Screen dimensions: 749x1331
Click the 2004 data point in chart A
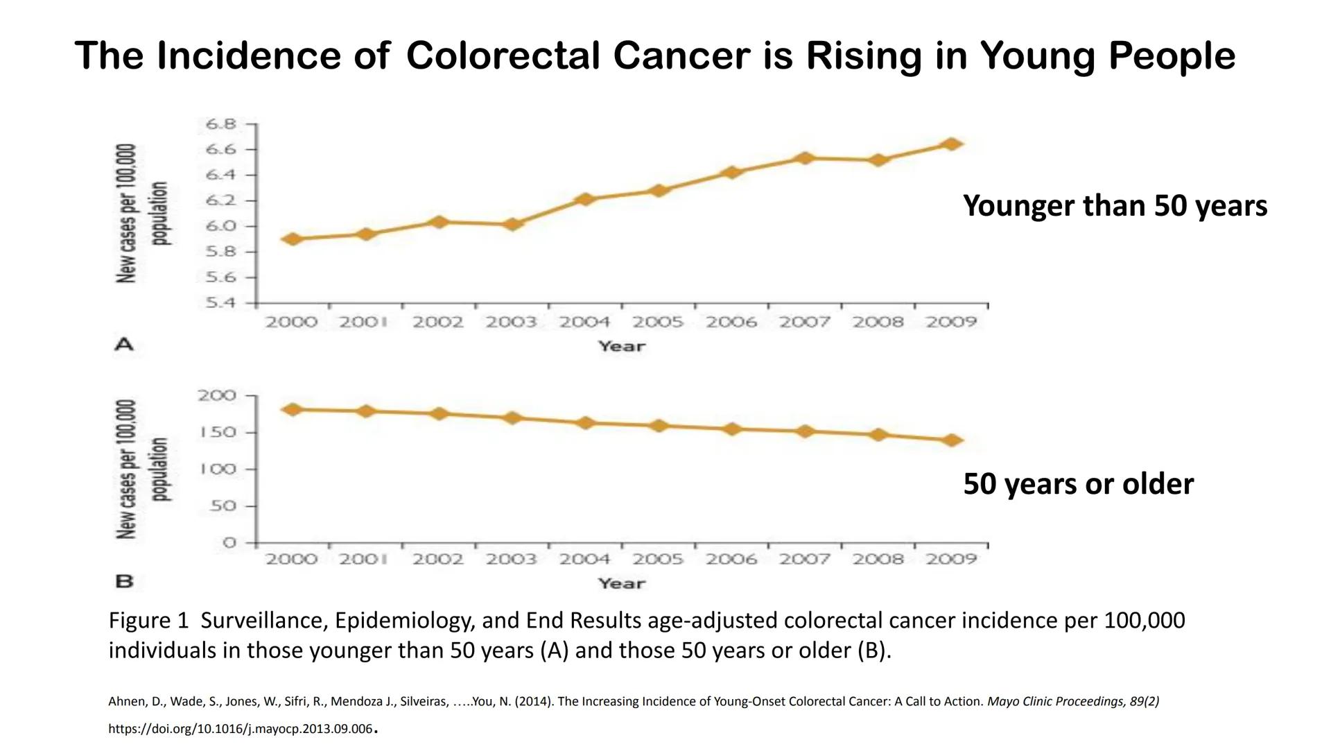pos(585,200)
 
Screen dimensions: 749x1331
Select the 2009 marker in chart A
pos(952,144)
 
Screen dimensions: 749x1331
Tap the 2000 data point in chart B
pos(293,409)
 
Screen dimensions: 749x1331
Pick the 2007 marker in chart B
pos(805,431)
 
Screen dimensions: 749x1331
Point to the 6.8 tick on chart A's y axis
pos(221,124)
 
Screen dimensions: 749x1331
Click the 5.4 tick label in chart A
pos(221,303)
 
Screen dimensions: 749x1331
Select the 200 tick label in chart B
pos(217,395)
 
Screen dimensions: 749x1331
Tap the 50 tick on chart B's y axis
pos(223,506)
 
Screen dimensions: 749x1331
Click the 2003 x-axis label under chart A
pos(511,322)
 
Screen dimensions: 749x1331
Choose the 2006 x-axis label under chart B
pos(731,559)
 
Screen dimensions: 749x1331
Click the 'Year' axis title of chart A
pos(622,346)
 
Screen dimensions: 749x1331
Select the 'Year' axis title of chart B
pos(622,583)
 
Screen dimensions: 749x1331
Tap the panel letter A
pos(124,344)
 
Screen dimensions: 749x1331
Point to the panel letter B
pos(124,581)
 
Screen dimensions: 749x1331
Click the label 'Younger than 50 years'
pos(1115,206)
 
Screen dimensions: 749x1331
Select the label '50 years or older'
pos(1078,484)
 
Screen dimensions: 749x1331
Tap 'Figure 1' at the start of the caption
pos(148,620)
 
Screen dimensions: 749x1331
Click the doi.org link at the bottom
pos(240,729)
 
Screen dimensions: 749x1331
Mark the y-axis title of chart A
pos(142,214)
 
